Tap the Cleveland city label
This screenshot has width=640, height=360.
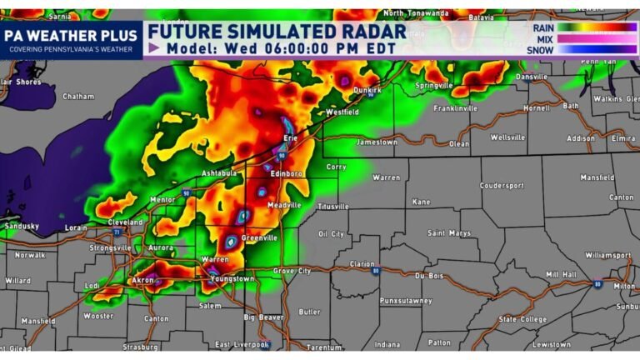point(126,222)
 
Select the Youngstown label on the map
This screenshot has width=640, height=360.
point(232,278)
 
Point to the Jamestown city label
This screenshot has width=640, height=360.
point(376,142)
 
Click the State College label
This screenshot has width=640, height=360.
point(522,318)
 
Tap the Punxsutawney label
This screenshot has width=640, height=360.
point(403,300)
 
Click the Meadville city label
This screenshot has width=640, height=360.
point(284,205)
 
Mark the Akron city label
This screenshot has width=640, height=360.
point(144,281)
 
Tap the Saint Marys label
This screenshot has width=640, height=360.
point(450,233)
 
